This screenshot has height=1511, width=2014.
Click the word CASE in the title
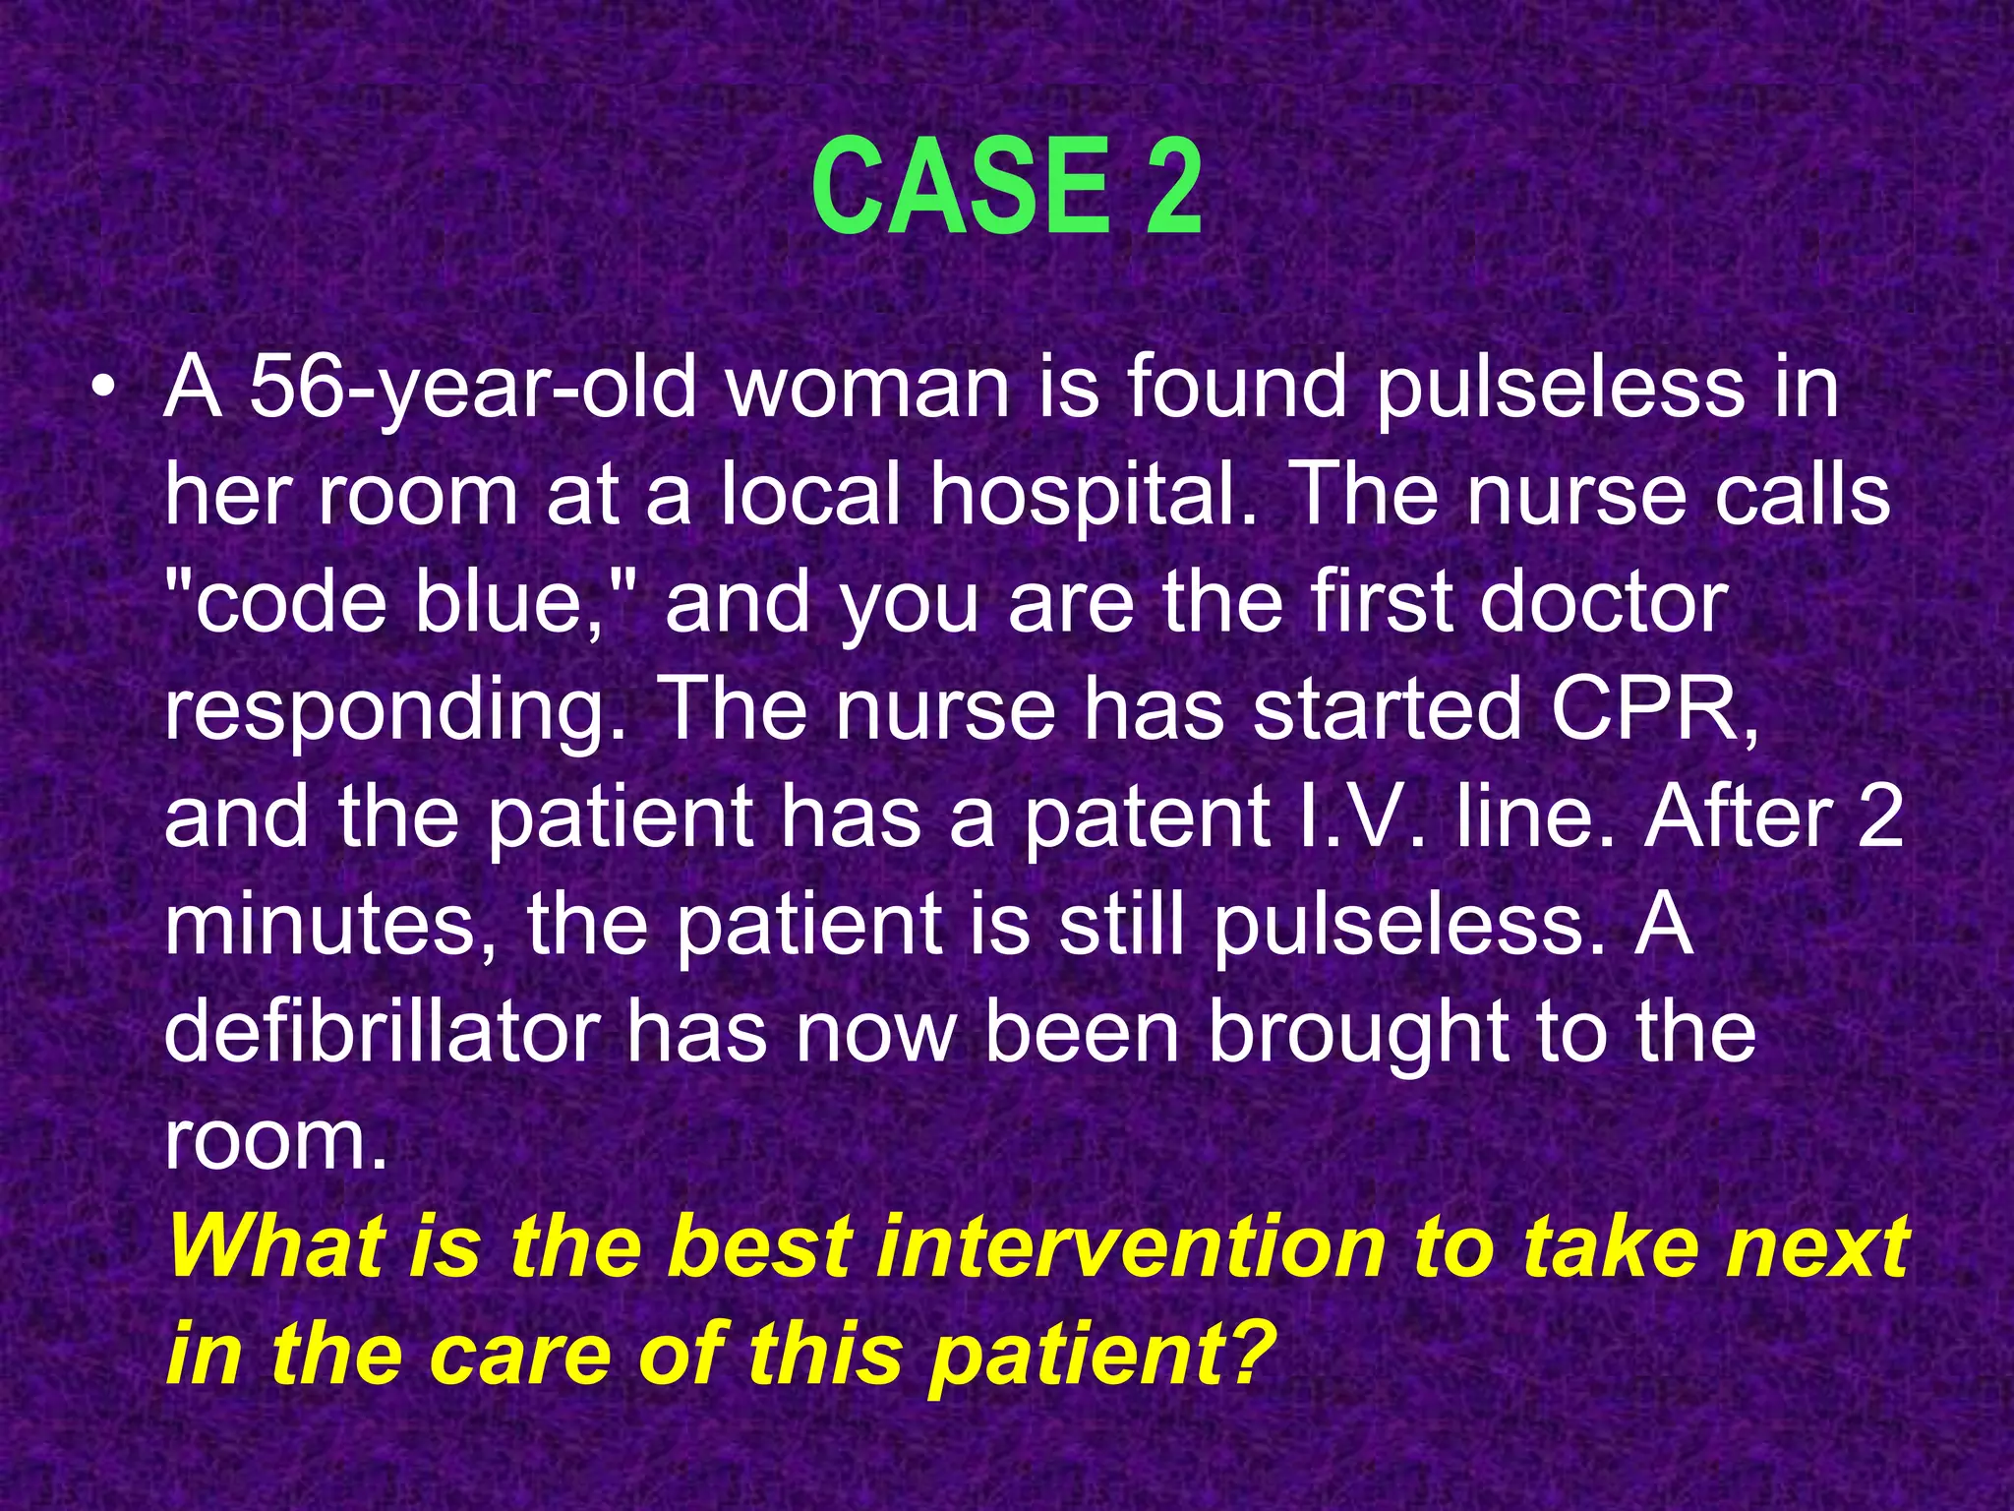click(x=959, y=187)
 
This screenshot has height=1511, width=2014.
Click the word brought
click(x=1357, y=1033)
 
